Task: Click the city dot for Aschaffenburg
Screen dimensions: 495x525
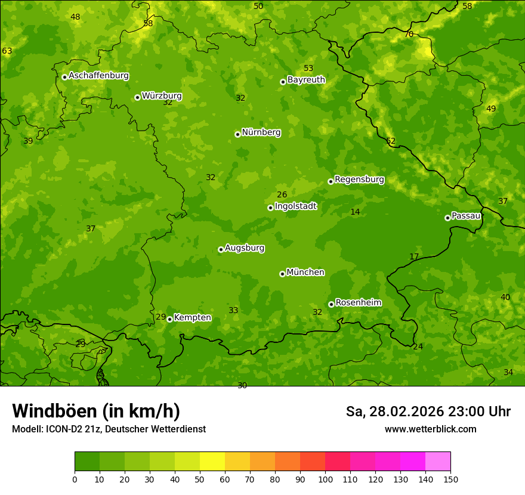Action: pos(64,77)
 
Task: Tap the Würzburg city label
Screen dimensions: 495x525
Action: pos(162,96)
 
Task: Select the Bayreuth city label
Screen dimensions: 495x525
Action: pos(306,80)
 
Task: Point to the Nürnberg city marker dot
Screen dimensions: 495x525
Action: pos(237,134)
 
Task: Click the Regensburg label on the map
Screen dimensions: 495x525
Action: pos(359,180)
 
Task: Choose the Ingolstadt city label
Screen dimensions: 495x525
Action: pos(295,206)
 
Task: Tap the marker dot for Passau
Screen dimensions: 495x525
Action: pos(447,218)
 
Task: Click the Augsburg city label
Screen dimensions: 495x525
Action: pos(245,248)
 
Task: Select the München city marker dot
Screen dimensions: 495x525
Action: pos(282,274)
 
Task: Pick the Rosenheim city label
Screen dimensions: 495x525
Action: pos(358,303)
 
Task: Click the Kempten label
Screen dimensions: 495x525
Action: pos(192,318)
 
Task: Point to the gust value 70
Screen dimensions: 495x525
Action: pos(409,35)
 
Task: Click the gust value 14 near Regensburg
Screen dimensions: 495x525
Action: pos(355,212)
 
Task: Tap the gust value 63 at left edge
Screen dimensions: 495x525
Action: pos(7,51)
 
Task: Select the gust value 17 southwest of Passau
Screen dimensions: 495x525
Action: pos(414,256)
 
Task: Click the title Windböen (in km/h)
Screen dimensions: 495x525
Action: pos(96,411)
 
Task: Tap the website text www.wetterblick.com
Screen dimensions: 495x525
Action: pos(430,429)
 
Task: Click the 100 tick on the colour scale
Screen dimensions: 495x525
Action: pos(325,479)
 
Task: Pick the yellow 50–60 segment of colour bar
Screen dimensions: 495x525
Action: pos(212,461)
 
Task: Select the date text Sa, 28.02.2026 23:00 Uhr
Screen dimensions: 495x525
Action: pos(428,412)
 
